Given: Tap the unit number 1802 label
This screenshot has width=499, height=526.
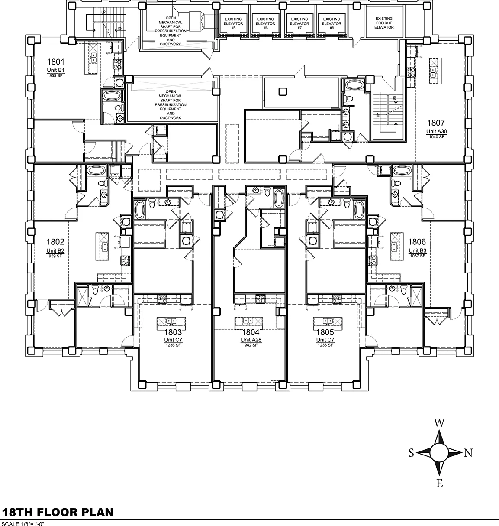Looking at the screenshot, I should (x=55, y=242).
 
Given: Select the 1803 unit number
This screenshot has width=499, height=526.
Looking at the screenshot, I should (x=172, y=332).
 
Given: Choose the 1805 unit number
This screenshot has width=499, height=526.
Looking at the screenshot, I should (x=325, y=332).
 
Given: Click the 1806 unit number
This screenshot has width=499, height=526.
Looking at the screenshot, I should (x=418, y=242).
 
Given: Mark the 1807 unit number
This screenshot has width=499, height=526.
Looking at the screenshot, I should (x=436, y=123).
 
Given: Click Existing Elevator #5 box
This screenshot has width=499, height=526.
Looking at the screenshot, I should (x=233, y=24).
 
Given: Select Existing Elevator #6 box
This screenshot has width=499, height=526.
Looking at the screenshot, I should (x=265, y=24).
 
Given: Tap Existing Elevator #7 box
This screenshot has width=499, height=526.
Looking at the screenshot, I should (x=299, y=24).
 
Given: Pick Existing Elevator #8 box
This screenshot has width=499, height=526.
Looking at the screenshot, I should (x=332, y=24).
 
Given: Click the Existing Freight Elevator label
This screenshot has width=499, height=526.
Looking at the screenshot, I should (x=384, y=23).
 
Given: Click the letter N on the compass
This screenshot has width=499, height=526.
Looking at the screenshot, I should (x=468, y=453).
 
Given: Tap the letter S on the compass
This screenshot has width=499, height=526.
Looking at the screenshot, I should (x=411, y=453).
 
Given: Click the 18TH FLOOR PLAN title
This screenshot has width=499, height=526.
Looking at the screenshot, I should (x=58, y=512).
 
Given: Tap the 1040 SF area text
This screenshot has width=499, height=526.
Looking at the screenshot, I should (x=436, y=137).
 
